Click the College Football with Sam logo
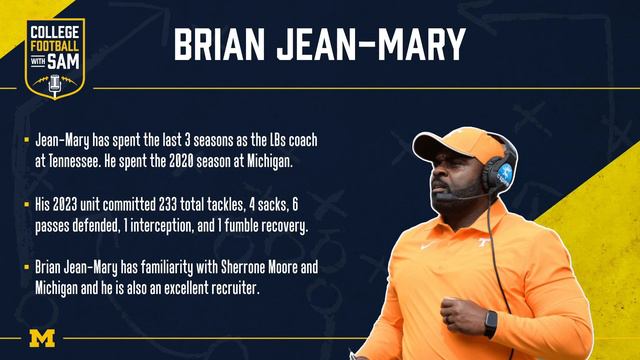[x=56, y=58]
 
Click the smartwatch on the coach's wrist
[x=490, y=323]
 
